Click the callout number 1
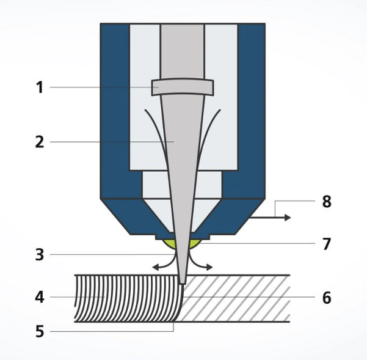click(40, 87)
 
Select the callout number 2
click(40, 142)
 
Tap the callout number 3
click(40, 255)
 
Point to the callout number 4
click(40, 298)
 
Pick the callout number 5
click(40, 332)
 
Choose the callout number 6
click(327, 298)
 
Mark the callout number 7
click(327, 244)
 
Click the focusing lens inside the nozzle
click(183, 87)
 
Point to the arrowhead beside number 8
click(288, 218)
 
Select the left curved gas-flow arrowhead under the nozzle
click(155, 267)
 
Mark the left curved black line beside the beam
click(158, 131)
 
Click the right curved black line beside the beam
click(208, 131)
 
